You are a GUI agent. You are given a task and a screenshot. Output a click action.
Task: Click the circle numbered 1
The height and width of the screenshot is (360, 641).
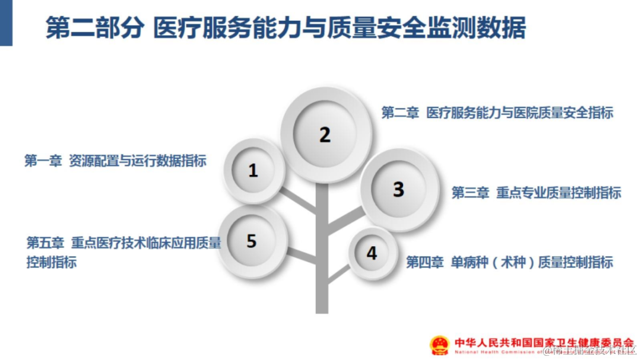coord(253,171)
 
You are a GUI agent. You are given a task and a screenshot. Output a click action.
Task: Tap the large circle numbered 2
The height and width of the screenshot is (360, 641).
coord(325,135)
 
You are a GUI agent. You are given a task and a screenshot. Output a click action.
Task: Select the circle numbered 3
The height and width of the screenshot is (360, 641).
coord(398,190)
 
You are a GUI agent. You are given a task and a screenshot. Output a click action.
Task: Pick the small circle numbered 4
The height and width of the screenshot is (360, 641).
coord(372,253)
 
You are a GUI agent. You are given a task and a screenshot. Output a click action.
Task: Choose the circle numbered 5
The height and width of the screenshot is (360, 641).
coord(252,241)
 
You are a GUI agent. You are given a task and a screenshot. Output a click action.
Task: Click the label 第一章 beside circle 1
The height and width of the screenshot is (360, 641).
coord(43,161)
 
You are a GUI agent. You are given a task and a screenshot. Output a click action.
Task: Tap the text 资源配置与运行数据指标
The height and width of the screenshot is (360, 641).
coord(138,161)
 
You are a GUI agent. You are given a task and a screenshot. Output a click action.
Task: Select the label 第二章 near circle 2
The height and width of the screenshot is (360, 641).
coord(399,113)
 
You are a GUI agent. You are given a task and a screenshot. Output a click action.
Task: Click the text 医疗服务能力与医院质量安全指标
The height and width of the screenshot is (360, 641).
coord(520,113)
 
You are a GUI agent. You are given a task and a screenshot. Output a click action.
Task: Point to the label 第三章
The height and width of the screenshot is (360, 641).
coord(470,192)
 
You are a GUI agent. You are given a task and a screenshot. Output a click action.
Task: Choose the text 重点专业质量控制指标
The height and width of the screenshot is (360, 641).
coord(559,192)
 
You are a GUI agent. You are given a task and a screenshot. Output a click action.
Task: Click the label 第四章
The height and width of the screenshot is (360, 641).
coord(424,262)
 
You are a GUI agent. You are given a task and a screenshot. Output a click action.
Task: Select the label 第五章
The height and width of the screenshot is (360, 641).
coord(45,243)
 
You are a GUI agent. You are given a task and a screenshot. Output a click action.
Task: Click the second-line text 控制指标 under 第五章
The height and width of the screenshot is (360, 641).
coord(52,262)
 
